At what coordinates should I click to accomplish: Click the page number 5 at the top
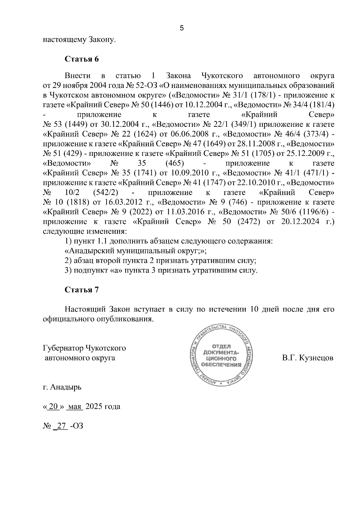(181, 28)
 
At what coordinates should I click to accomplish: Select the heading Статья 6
(82, 59)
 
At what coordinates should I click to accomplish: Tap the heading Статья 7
(82, 290)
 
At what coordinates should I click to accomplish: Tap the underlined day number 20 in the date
(53, 406)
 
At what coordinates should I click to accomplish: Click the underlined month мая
(75, 406)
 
